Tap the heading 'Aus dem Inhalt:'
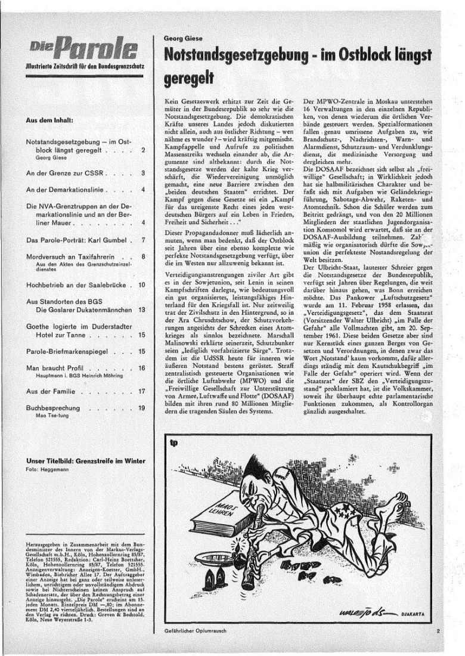click(49, 120)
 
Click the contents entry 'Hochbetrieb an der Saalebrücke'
click(78, 286)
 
